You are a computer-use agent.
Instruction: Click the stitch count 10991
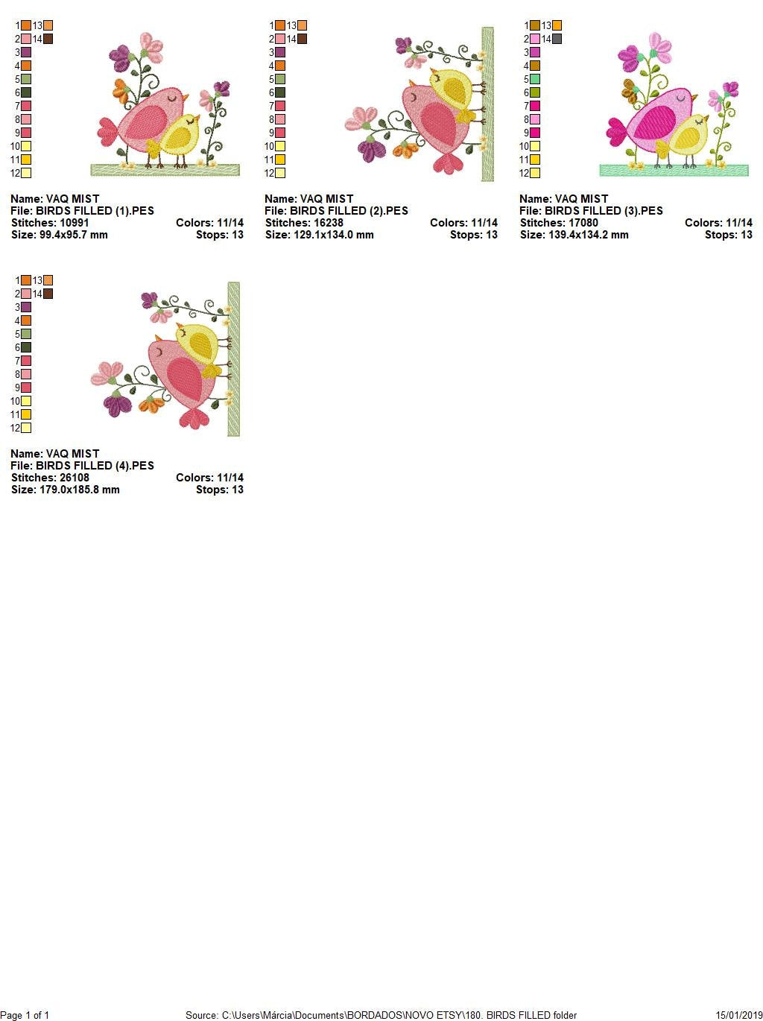click(x=74, y=223)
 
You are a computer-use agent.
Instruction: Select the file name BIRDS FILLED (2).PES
click(x=349, y=211)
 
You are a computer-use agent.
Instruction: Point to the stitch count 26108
click(x=74, y=478)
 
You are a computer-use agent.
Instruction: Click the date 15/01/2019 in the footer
click(x=739, y=1015)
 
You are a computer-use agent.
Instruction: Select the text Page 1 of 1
click(x=25, y=1015)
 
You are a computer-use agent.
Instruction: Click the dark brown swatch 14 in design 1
click(x=48, y=39)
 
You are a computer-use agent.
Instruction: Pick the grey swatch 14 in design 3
click(x=557, y=39)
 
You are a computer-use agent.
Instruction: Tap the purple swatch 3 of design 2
click(x=280, y=52)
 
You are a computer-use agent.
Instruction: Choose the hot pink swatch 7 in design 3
click(x=535, y=106)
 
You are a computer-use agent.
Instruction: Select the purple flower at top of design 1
click(x=120, y=54)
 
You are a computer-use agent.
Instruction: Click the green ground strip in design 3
click(x=674, y=171)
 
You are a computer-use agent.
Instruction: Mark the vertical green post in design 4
click(x=233, y=358)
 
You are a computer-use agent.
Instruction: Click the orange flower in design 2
click(x=406, y=150)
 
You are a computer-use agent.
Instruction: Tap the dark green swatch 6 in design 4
click(x=26, y=347)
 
